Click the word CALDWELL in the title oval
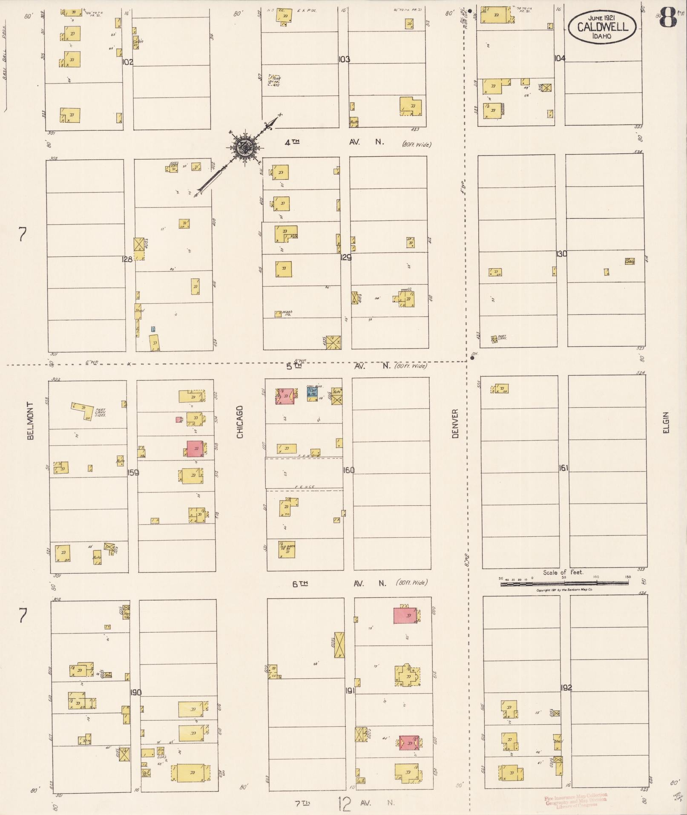coord(603,27)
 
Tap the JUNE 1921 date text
coord(603,18)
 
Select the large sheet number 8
coord(668,17)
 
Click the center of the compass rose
coord(244,147)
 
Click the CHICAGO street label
coord(240,422)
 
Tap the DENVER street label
coord(455,423)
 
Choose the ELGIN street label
coord(666,423)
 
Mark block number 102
coord(127,62)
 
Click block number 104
coord(560,58)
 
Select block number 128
coord(127,259)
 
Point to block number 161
coord(563,468)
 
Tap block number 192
coord(566,688)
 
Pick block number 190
coord(136,692)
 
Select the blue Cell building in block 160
coord(312,392)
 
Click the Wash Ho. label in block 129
coord(287,313)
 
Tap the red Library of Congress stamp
coord(576,801)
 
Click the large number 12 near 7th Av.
coord(344,803)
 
